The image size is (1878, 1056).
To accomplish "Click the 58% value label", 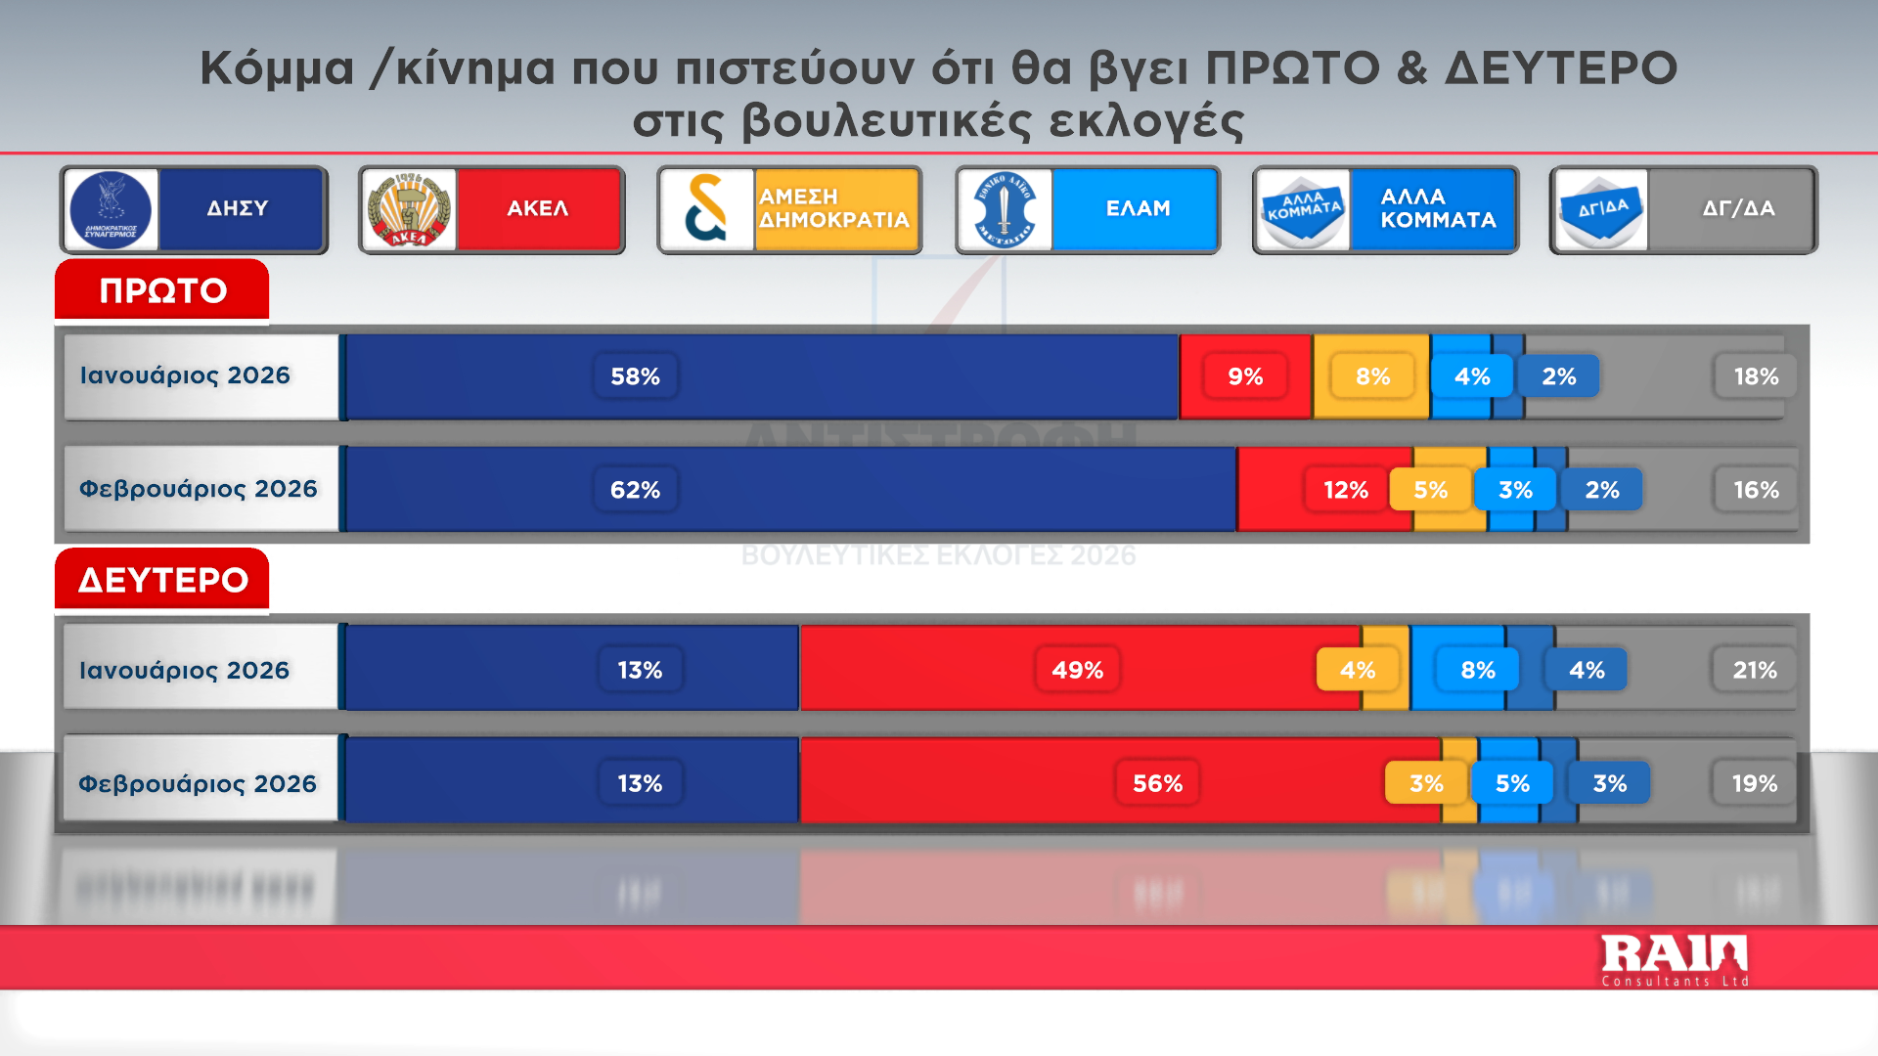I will [x=635, y=376].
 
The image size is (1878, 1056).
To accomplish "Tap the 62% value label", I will [x=635, y=490].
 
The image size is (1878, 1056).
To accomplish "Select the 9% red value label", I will [x=1245, y=376].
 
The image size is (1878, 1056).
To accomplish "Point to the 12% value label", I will [x=1345, y=490].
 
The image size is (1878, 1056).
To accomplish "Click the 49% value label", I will [x=1077, y=670].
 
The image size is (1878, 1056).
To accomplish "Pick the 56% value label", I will [x=1157, y=783].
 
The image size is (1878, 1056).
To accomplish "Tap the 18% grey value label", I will [x=1756, y=376].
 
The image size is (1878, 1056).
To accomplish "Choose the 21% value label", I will [x=1755, y=670].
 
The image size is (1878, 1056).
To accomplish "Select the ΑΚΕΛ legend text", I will [x=538, y=208].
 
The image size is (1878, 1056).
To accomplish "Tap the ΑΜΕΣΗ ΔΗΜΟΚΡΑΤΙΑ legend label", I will [x=834, y=208].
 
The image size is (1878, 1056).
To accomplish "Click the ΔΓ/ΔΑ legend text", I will [x=1738, y=208].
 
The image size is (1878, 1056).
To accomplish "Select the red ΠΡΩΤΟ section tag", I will [x=162, y=290].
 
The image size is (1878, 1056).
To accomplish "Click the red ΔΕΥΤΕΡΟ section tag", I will [x=162, y=580].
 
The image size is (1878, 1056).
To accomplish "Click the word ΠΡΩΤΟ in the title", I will [x=1292, y=68].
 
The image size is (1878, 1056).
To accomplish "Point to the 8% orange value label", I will [x=1372, y=376].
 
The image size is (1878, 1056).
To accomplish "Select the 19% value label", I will [x=1755, y=783].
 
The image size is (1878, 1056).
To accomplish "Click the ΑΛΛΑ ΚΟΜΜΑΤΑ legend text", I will [x=1437, y=208].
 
